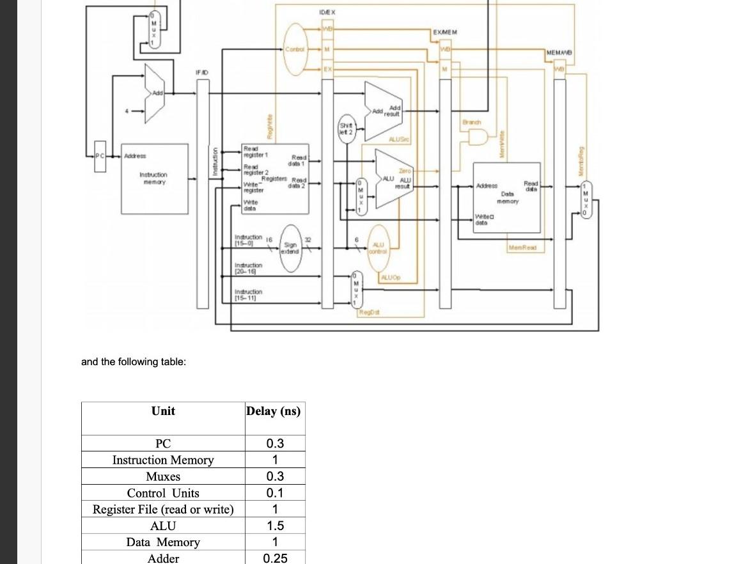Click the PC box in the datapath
click(x=98, y=155)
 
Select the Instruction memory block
click(x=154, y=178)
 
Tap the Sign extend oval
click(x=290, y=248)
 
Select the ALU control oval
click(x=378, y=247)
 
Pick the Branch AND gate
click(x=478, y=136)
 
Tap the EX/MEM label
click(x=444, y=31)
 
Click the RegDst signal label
click(x=367, y=311)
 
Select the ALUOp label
click(x=390, y=277)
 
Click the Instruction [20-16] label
click(x=249, y=268)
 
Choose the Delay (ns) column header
click(x=274, y=411)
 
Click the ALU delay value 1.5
click(x=274, y=526)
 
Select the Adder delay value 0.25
click(x=275, y=558)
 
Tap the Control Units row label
click(x=163, y=493)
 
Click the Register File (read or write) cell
click(x=163, y=510)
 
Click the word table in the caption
click(x=170, y=362)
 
